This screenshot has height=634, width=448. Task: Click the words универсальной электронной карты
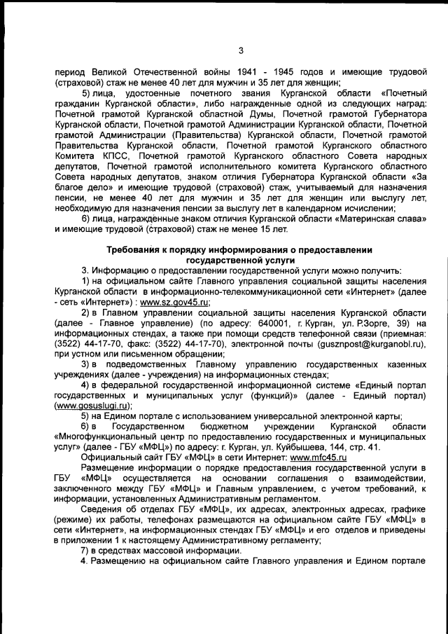pos(330,416)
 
